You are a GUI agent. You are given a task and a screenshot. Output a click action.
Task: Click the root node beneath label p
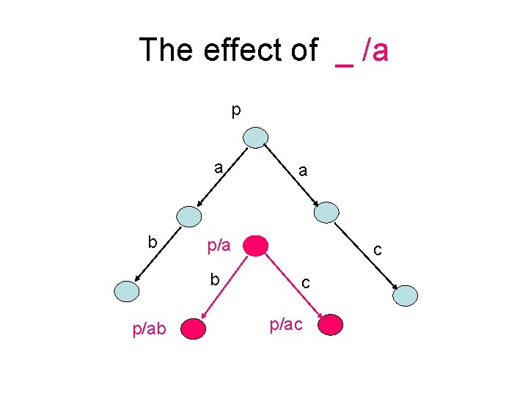pos(256,137)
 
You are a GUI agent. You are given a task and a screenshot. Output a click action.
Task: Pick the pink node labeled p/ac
pos(331,324)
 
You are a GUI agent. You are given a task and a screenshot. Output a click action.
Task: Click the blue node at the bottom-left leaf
pos(126,292)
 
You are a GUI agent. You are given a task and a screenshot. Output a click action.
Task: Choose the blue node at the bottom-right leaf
pos(406,296)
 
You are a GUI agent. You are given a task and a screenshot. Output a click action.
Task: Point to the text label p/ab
pos(150,330)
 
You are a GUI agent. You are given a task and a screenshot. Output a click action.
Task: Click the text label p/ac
pos(286,325)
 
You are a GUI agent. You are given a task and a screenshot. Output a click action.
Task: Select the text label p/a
pos(219,246)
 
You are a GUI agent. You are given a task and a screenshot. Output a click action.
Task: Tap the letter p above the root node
pos(235,110)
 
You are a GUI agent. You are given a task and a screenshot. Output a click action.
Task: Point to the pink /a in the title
pos(374,50)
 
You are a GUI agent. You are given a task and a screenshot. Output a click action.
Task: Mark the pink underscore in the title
pos(343,65)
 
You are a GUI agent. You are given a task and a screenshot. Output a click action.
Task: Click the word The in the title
pos(164,50)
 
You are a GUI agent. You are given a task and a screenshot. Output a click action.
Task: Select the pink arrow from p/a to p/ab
pos(226,287)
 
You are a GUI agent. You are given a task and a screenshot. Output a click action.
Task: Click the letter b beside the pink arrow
pos(215,279)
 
